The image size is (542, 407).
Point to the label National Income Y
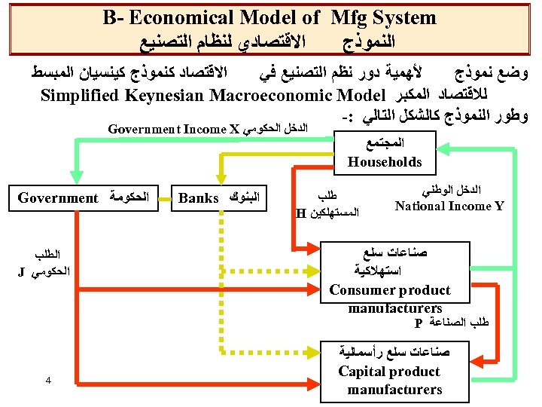pos(449,205)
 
